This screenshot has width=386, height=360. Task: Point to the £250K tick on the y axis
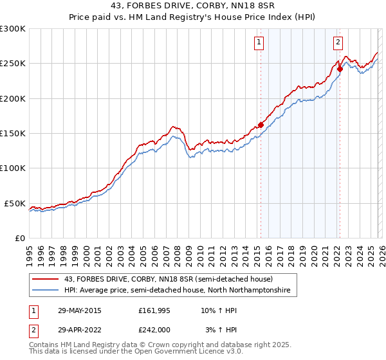pyautogui.click(x=13, y=64)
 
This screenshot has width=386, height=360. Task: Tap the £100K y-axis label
pyautogui.click(x=13, y=168)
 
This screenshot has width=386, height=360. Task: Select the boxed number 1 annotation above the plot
pyautogui.click(x=259, y=43)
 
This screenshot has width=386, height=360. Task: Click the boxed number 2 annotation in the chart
pyautogui.click(x=338, y=43)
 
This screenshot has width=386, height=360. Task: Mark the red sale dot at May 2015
pyautogui.click(x=261, y=125)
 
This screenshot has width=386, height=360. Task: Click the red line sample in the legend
pyautogui.click(x=46, y=279)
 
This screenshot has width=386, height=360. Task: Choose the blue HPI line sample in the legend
pyautogui.click(x=46, y=291)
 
